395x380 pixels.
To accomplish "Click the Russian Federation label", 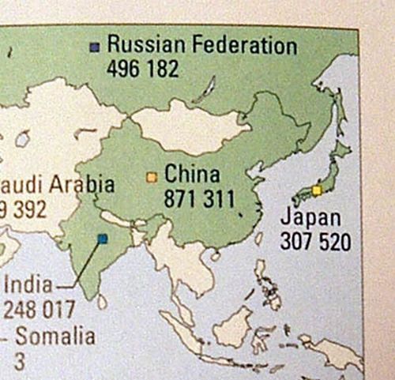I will pyautogui.click(x=201, y=45).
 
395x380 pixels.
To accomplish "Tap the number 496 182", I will pyautogui.click(x=142, y=68).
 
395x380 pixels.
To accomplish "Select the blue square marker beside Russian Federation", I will pyautogui.click(x=95, y=46).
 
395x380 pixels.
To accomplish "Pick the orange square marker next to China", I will pyautogui.click(x=152, y=177).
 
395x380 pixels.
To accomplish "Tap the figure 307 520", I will pyautogui.click(x=315, y=241).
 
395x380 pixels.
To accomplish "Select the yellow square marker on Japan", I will pyautogui.click(x=317, y=190).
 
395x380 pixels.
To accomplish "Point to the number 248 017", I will pyautogui.click(x=39, y=308).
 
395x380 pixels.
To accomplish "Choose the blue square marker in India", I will pyautogui.click(x=102, y=238).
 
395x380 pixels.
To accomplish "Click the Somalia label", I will pyautogui.click(x=55, y=337).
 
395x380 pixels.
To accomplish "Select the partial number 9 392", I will pyautogui.click(x=22, y=209).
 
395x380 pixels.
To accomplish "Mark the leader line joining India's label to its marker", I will pyautogui.click(x=79, y=269).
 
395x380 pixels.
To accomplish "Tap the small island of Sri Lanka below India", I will pyautogui.click(x=101, y=301).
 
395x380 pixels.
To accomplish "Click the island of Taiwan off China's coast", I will pyautogui.click(x=258, y=238).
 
